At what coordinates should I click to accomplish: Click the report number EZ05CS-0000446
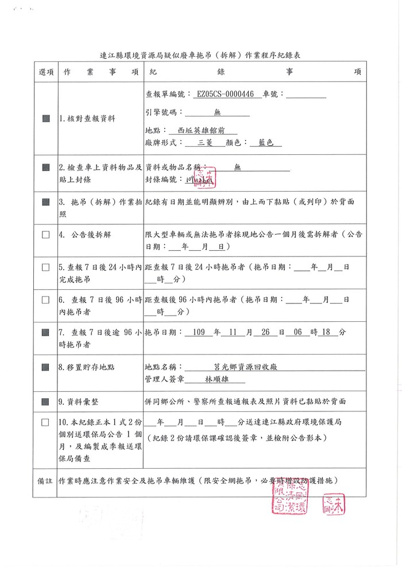pyautogui.click(x=225, y=95)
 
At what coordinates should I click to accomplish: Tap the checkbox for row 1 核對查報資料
pyautogui.click(x=46, y=119)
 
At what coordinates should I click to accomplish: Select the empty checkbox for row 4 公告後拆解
pyautogui.click(x=46, y=235)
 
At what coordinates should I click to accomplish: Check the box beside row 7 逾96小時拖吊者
pyautogui.click(x=46, y=332)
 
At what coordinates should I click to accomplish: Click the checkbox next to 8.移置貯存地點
pyautogui.click(x=46, y=365)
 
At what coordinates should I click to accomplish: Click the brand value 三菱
pyautogui.click(x=206, y=143)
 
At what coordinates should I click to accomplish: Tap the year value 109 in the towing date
pyautogui.click(x=199, y=332)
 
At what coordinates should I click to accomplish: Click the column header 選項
pyautogui.click(x=46, y=72)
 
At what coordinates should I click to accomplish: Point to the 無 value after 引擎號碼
pyautogui.click(x=217, y=112)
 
